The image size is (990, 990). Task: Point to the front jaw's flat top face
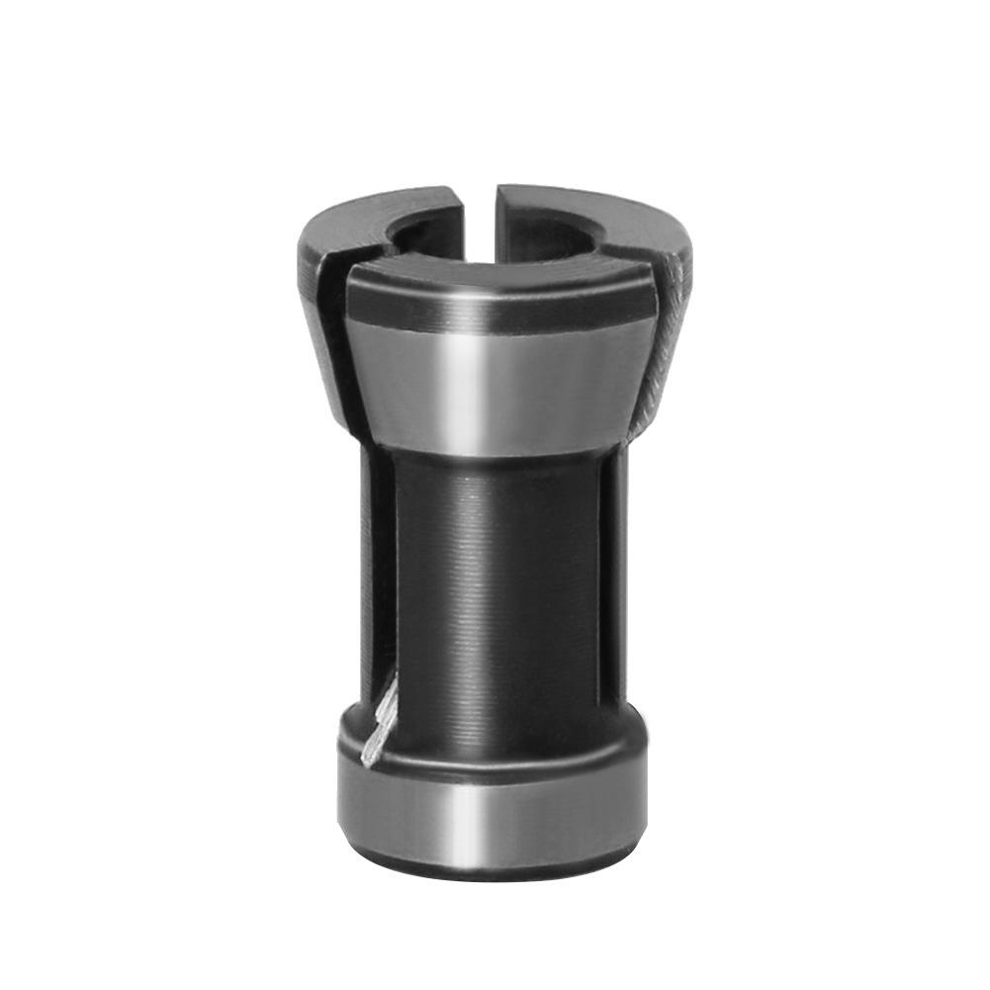[495, 272]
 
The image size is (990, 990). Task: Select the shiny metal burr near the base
[381, 722]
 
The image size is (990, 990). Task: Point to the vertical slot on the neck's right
[619, 574]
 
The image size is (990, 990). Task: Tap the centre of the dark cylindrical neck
[495, 593]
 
